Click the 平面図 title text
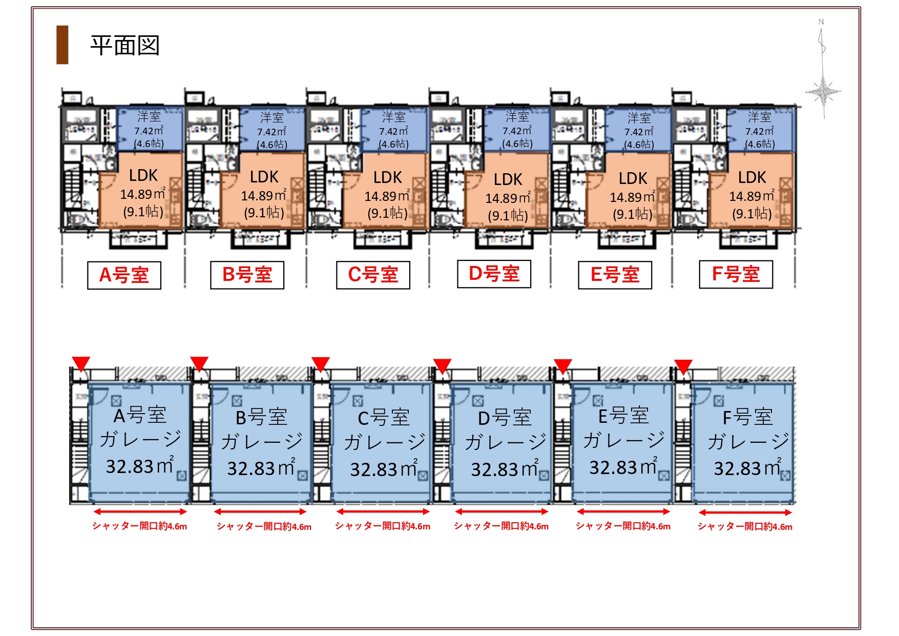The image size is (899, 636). click(x=125, y=46)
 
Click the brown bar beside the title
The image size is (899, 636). click(x=62, y=45)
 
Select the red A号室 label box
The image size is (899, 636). click(x=124, y=275)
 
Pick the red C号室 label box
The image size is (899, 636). click(x=373, y=275)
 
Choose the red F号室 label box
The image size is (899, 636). click(x=736, y=274)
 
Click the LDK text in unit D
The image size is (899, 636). click(x=508, y=179)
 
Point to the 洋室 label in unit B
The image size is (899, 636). click(x=271, y=117)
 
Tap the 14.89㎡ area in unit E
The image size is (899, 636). click(x=632, y=197)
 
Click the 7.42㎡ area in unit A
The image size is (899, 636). click(x=149, y=131)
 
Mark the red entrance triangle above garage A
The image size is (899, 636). click(x=81, y=363)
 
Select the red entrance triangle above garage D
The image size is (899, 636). click(x=442, y=365)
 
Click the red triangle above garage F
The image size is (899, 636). click(x=683, y=366)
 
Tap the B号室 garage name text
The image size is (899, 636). click(x=261, y=417)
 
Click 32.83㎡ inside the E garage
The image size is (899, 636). click(x=623, y=467)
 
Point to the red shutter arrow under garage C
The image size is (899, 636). click(x=383, y=511)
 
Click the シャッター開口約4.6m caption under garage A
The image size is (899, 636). click(x=139, y=526)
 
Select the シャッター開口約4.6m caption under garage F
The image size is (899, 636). click(x=745, y=526)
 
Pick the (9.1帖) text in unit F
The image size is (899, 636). click(x=751, y=213)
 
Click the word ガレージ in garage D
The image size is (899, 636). click(x=505, y=441)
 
